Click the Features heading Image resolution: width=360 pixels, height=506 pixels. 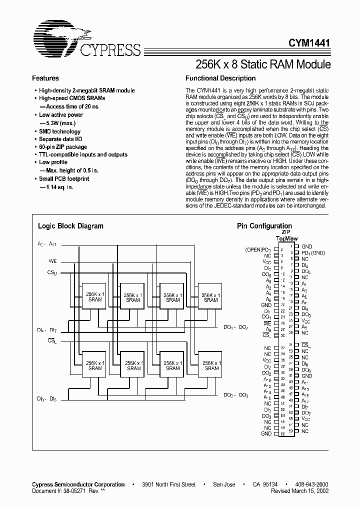(x=45, y=78)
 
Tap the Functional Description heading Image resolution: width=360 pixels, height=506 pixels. (x=220, y=78)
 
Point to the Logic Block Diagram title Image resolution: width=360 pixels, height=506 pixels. (x=70, y=226)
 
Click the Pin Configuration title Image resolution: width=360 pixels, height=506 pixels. (x=264, y=226)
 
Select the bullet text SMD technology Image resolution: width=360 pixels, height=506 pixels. (x=59, y=131)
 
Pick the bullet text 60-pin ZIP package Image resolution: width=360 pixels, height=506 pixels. (x=62, y=147)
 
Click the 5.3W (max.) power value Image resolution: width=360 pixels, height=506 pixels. (x=61, y=123)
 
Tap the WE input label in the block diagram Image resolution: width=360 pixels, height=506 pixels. (x=52, y=261)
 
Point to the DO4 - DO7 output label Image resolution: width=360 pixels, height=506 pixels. (x=236, y=327)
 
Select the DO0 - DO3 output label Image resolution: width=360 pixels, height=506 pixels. (x=236, y=395)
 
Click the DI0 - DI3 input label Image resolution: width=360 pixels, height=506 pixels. (x=46, y=398)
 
